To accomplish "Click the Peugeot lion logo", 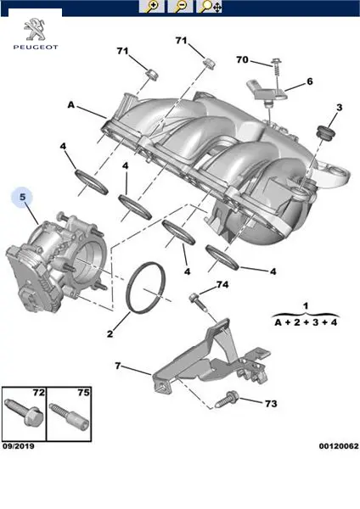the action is click(35, 30).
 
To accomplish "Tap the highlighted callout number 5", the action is click(22, 197).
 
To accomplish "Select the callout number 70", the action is click(242, 59).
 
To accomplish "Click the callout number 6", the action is click(309, 81).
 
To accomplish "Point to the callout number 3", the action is click(340, 107).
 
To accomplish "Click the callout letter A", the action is click(70, 105).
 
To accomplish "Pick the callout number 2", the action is click(110, 333).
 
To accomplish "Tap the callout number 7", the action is click(118, 366).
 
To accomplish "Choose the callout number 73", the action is click(271, 404).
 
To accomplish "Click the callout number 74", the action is click(222, 285).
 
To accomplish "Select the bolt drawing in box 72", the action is click(24, 413).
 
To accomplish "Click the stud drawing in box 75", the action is click(69, 416).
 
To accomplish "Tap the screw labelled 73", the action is click(227, 400).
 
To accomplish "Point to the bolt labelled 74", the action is click(198, 302).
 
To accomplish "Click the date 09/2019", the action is click(18, 446).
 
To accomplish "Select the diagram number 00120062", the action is click(339, 446).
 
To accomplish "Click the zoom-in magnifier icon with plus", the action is click(151, 6).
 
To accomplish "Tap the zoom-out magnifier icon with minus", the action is click(180, 6).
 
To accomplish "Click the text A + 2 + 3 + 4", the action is click(306, 322).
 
